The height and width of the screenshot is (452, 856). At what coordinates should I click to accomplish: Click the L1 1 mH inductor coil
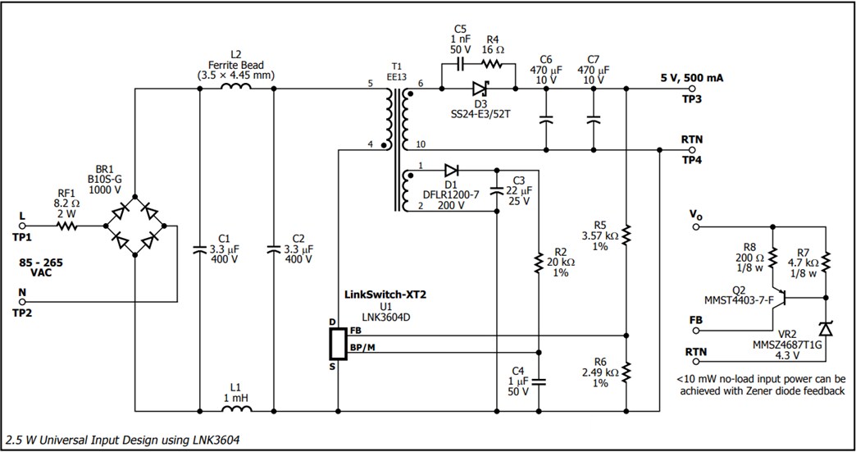click(x=236, y=408)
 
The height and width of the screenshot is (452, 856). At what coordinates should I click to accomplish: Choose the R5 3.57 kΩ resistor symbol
click(x=626, y=234)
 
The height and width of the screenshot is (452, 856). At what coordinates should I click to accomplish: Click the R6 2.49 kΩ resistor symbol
click(x=626, y=372)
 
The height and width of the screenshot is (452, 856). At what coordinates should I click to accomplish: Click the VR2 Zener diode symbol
click(x=826, y=329)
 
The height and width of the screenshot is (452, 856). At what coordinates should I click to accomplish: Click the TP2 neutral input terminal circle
click(x=23, y=301)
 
